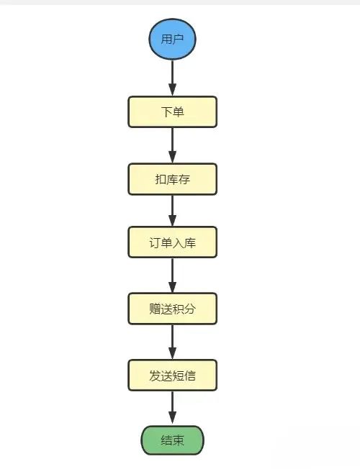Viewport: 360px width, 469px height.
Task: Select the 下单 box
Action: (x=172, y=112)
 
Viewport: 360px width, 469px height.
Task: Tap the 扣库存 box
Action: (x=172, y=178)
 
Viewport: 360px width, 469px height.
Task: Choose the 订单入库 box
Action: (x=172, y=242)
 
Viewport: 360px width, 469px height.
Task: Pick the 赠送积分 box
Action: (x=172, y=308)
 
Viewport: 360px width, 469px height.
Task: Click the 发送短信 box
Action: (x=172, y=375)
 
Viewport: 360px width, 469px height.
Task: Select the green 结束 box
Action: (x=172, y=440)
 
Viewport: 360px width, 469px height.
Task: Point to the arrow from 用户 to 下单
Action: (x=172, y=78)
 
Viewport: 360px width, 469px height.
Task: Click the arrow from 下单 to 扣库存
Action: (x=172, y=145)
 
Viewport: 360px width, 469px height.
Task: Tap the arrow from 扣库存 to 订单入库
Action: (x=172, y=211)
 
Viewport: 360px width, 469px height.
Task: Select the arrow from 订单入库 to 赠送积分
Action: (x=172, y=276)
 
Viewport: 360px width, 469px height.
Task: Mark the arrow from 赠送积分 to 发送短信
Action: (x=172, y=342)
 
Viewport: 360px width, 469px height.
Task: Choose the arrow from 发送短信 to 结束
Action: (x=172, y=408)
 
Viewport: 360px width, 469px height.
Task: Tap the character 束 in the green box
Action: (x=179, y=440)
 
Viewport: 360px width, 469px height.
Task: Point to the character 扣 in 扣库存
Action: (x=161, y=178)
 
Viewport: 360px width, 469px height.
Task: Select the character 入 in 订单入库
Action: (x=178, y=242)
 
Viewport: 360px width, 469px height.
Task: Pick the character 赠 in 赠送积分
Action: (x=156, y=308)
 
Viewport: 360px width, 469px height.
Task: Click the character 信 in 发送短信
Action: (x=189, y=375)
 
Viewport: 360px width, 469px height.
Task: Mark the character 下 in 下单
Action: (x=166, y=112)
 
